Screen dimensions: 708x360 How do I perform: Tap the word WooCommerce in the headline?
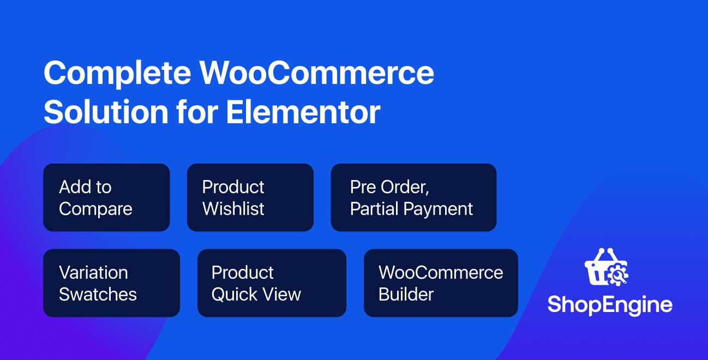317,73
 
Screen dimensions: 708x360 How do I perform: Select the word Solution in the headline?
106,112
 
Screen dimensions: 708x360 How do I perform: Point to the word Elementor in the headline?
303,112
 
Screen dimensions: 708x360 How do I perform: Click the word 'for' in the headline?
197,112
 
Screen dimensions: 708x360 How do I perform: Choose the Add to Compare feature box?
106,197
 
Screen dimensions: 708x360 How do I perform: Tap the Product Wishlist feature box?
250,197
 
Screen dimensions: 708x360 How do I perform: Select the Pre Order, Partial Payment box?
413,197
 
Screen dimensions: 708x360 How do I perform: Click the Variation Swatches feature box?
112,283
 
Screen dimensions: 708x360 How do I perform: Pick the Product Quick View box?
272,283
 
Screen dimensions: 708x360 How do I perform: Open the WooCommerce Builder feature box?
441,283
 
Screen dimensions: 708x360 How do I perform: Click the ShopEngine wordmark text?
610,305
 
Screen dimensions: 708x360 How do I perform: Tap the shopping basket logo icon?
606,267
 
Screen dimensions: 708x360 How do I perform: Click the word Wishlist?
233,208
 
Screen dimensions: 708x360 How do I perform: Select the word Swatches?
98,294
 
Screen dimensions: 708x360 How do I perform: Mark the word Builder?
406,294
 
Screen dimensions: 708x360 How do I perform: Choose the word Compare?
95,209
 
